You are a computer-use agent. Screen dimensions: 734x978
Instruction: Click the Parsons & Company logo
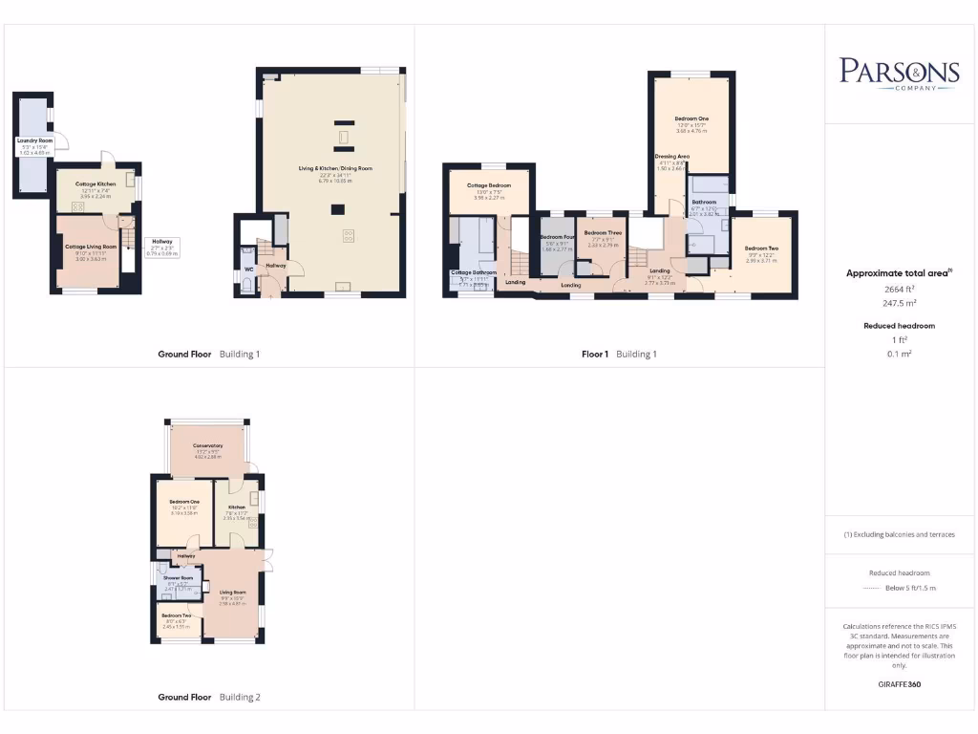click(x=899, y=73)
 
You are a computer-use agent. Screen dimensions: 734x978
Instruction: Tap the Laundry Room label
click(x=34, y=140)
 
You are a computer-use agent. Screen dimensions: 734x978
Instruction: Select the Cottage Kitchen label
click(x=96, y=183)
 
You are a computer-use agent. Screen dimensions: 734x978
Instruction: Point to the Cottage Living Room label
click(x=90, y=247)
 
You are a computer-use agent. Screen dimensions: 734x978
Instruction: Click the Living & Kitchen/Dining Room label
click(x=333, y=168)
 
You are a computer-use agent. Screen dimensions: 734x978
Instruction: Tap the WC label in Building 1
click(x=248, y=269)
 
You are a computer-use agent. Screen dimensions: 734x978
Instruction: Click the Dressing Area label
click(x=672, y=156)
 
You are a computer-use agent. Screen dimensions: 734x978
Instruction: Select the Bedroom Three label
click(x=604, y=232)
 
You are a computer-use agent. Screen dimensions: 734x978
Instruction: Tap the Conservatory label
click(x=207, y=445)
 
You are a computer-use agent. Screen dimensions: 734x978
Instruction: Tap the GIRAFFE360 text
click(x=899, y=684)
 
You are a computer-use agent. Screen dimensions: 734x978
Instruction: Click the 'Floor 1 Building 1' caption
click(x=619, y=355)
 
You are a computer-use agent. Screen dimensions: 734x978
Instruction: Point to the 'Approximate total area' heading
click(x=898, y=273)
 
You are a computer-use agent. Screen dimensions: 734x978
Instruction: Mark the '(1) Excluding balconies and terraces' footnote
click(x=899, y=534)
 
